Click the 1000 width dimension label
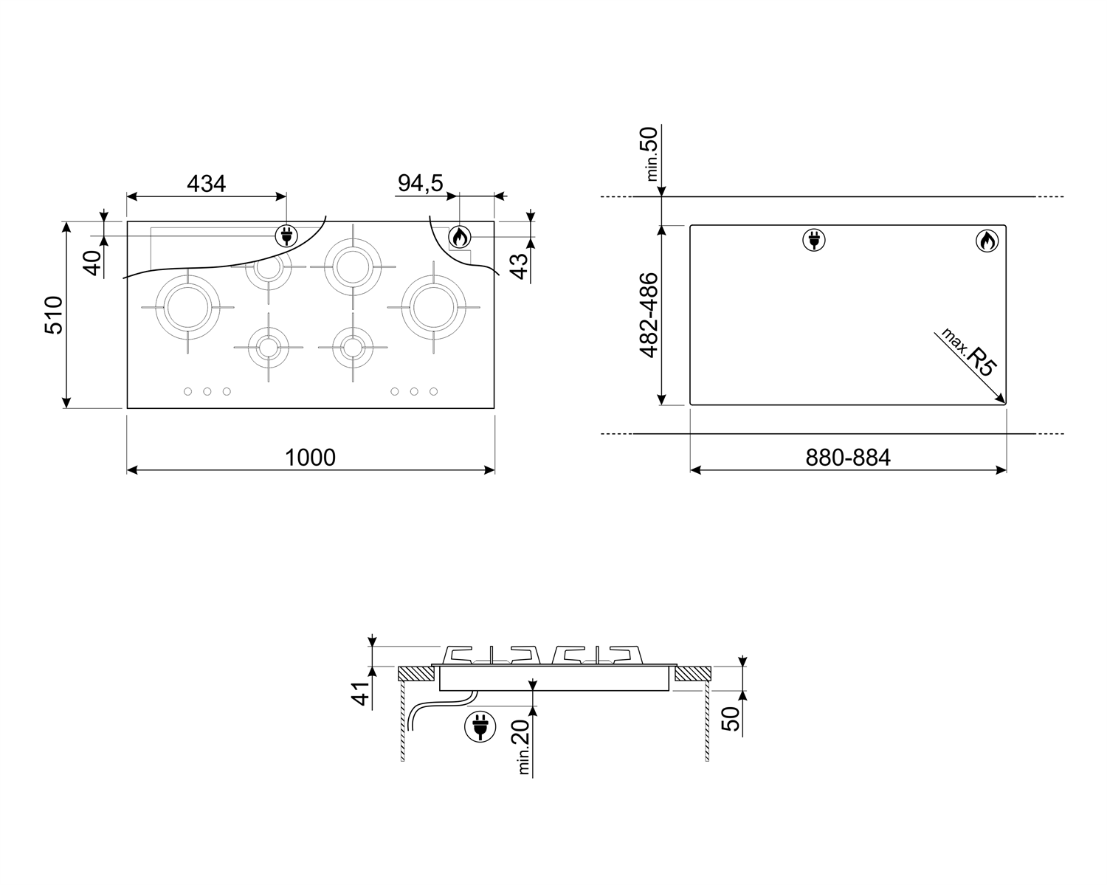click(x=310, y=458)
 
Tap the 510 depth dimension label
click(x=54, y=315)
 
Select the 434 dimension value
click(x=207, y=184)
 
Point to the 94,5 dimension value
click(x=420, y=183)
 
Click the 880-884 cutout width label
click(x=848, y=458)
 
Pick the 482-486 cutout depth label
click(x=649, y=315)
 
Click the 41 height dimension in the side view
click(x=361, y=693)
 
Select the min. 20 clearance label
click(x=520, y=746)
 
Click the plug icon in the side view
click(x=480, y=727)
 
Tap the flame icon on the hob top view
click(x=459, y=237)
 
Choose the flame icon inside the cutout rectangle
click(x=987, y=241)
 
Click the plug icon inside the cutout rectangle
click(x=814, y=240)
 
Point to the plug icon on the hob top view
click(x=286, y=236)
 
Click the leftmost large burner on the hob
click(x=187, y=307)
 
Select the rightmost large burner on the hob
click(x=434, y=307)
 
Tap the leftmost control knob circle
click(x=187, y=391)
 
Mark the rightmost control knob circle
click(x=434, y=391)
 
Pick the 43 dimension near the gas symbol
click(x=519, y=266)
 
